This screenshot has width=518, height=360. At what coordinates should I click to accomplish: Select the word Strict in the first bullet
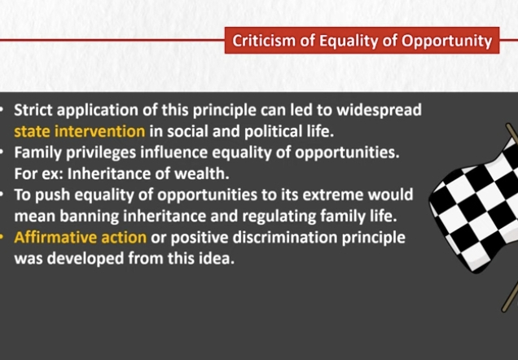click(x=33, y=110)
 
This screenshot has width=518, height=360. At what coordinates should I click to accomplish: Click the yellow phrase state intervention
click(x=80, y=131)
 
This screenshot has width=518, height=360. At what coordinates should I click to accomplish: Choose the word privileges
click(x=101, y=153)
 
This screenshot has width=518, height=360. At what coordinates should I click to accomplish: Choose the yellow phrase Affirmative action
click(x=81, y=238)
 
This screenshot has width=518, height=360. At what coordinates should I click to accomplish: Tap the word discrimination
click(x=285, y=238)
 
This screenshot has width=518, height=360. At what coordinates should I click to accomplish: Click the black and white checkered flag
click(x=476, y=204)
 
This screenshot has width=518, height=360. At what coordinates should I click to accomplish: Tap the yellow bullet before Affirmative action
click(x=2, y=238)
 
